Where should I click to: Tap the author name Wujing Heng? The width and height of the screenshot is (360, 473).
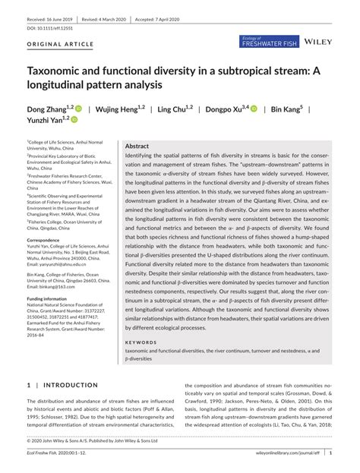pos(115,109)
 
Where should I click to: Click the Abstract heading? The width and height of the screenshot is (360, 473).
pos(137,145)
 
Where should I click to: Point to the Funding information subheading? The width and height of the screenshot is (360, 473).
pos(50,298)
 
